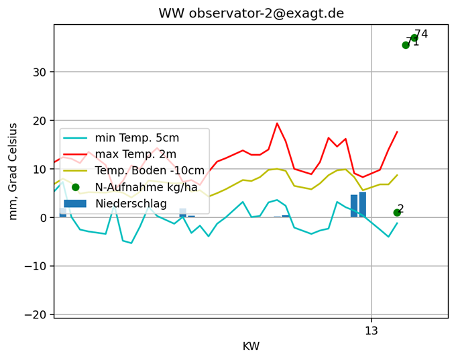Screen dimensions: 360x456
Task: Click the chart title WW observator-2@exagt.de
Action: (251, 13)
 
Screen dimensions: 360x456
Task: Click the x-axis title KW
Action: (251, 346)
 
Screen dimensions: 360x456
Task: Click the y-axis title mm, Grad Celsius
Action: (13, 171)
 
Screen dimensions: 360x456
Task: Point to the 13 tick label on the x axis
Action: (372, 331)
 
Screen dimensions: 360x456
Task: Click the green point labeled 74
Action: (414, 38)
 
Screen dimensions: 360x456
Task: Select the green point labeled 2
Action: (397, 213)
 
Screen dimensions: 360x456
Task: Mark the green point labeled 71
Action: (406, 45)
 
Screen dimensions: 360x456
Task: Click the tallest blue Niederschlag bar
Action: (363, 204)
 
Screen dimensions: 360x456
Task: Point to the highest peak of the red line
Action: (277, 123)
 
